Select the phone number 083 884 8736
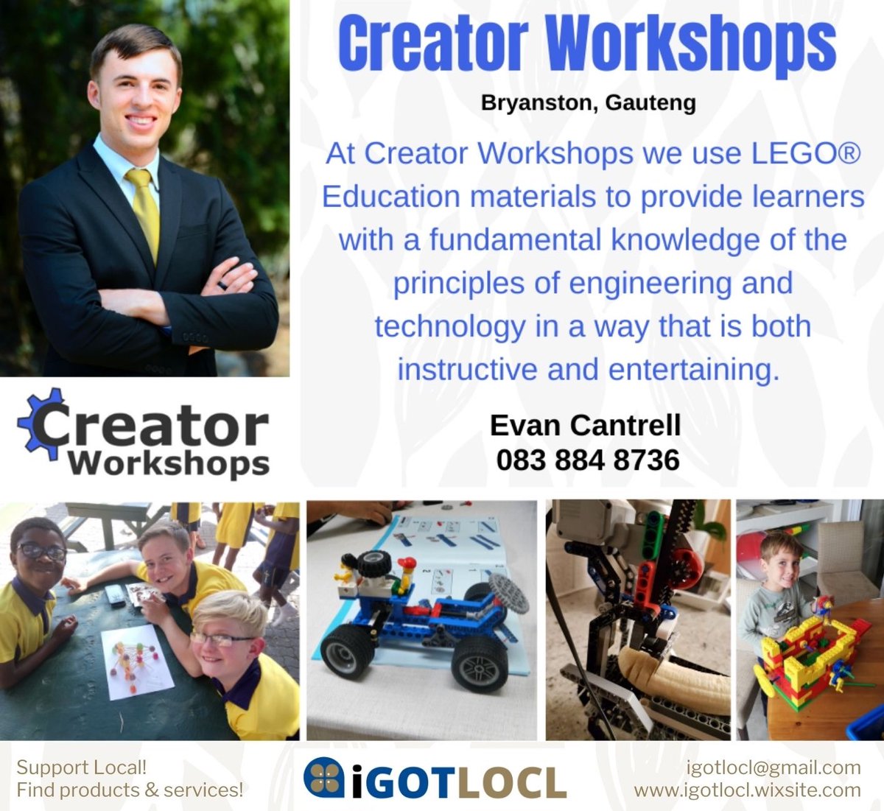point(587,460)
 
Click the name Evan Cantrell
point(585,425)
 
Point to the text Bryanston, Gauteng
point(588,102)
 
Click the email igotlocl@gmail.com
point(773,768)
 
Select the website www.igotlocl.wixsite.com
point(747,790)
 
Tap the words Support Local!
point(82,768)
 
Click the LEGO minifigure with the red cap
point(404,575)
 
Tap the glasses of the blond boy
point(220,639)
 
